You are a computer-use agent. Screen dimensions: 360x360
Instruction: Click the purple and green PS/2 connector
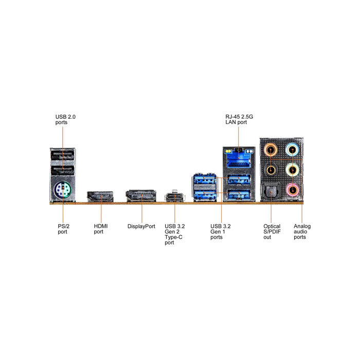click(x=62, y=190)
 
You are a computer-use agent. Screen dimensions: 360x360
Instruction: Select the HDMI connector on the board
click(x=100, y=196)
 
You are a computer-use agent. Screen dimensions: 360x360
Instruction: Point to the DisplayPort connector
click(x=141, y=196)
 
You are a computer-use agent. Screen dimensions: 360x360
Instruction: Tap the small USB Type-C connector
click(x=175, y=197)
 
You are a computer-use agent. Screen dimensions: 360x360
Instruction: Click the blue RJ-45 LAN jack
click(x=239, y=159)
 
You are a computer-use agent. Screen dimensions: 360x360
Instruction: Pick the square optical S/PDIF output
click(x=271, y=191)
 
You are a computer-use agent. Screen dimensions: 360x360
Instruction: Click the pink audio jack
click(x=292, y=190)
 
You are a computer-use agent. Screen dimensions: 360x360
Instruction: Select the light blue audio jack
click(x=292, y=150)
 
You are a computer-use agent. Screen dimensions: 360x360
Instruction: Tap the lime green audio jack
click(x=292, y=170)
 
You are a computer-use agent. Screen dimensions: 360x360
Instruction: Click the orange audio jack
click(x=271, y=150)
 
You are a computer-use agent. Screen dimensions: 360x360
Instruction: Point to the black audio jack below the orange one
click(x=271, y=170)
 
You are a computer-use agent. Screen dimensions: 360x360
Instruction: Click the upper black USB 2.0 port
click(x=62, y=155)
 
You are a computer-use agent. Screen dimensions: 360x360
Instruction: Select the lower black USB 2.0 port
click(x=62, y=170)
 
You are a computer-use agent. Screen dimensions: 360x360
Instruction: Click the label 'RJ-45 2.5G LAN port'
click(x=239, y=119)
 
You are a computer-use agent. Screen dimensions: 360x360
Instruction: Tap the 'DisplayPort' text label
click(x=141, y=226)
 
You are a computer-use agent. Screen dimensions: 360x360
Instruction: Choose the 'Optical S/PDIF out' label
click(x=272, y=231)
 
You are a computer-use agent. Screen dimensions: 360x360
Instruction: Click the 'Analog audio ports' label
click(x=302, y=231)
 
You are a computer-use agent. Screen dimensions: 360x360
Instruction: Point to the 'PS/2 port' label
click(x=63, y=229)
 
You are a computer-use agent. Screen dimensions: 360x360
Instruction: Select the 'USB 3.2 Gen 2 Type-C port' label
click(x=174, y=235)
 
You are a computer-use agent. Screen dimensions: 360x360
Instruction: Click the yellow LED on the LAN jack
click(x=228, y=151)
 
